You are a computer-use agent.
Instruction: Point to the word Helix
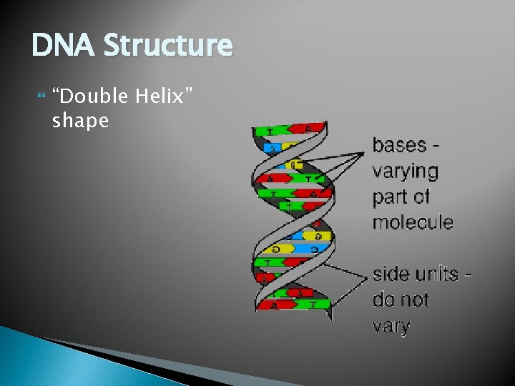click(x=166, y=96)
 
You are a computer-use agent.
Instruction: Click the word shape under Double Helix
click(x=80, y=121)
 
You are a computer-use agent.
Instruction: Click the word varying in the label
click(x=405, y=172)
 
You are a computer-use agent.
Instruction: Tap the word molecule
click(x=413, y=222)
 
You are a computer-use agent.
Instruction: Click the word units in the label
click(x=434, y=274)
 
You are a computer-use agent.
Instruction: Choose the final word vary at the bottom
click(x=391, y=326)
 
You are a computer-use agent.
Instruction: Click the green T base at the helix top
click(x=271, y=131)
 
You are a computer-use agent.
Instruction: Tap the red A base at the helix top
click(x=305, y=129)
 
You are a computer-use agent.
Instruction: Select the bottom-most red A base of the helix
click(x=274, y=305)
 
